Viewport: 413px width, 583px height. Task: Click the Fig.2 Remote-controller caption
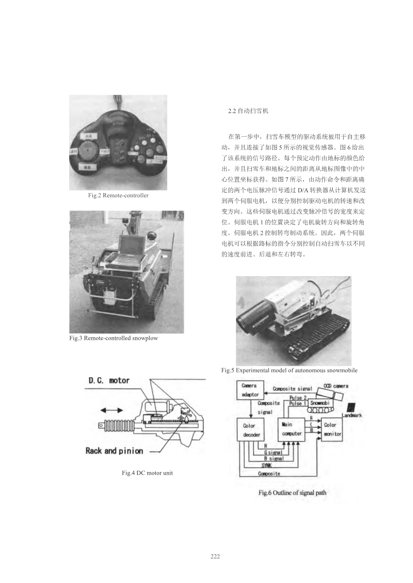pyautogui.click(x=118, y=196)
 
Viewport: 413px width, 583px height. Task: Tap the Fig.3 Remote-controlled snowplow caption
pyautogui.click(x=114, y=338)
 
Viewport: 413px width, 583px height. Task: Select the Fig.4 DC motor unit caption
pyautogui.click(x=147, y=473)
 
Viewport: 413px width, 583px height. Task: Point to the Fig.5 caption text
pyautogui.click(x=289, y=371)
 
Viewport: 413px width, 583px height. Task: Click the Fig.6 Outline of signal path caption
pyautogui.click(x=292, y=493)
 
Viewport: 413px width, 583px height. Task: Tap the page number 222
pyautogui.click(x=215, y=556)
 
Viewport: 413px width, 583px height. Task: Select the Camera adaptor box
pyautogui.click(x=250, y=390)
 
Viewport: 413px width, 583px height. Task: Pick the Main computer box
pyautogui.click(x=292, y=429)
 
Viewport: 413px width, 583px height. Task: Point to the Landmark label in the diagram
pyautogui.click(x=352, y=415)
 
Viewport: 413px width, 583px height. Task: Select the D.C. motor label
pyautogui.click(x=109, y=381)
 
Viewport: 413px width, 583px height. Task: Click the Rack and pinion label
pyautogui.click(x=114, y=451)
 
